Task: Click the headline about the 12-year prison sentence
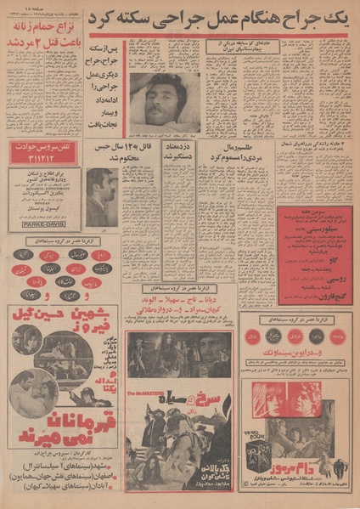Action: click(x=138, y=152)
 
